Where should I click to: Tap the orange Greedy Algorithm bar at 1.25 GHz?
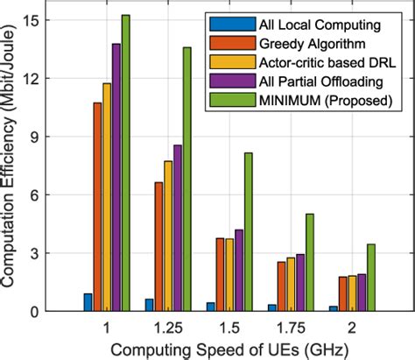tap(158, 246)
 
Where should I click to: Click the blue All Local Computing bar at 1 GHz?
tap(88, 302)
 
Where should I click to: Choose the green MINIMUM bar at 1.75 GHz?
tap(309, 262)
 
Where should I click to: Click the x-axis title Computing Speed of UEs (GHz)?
tap(230, 348)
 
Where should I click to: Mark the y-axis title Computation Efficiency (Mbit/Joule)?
tap(11, 166)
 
